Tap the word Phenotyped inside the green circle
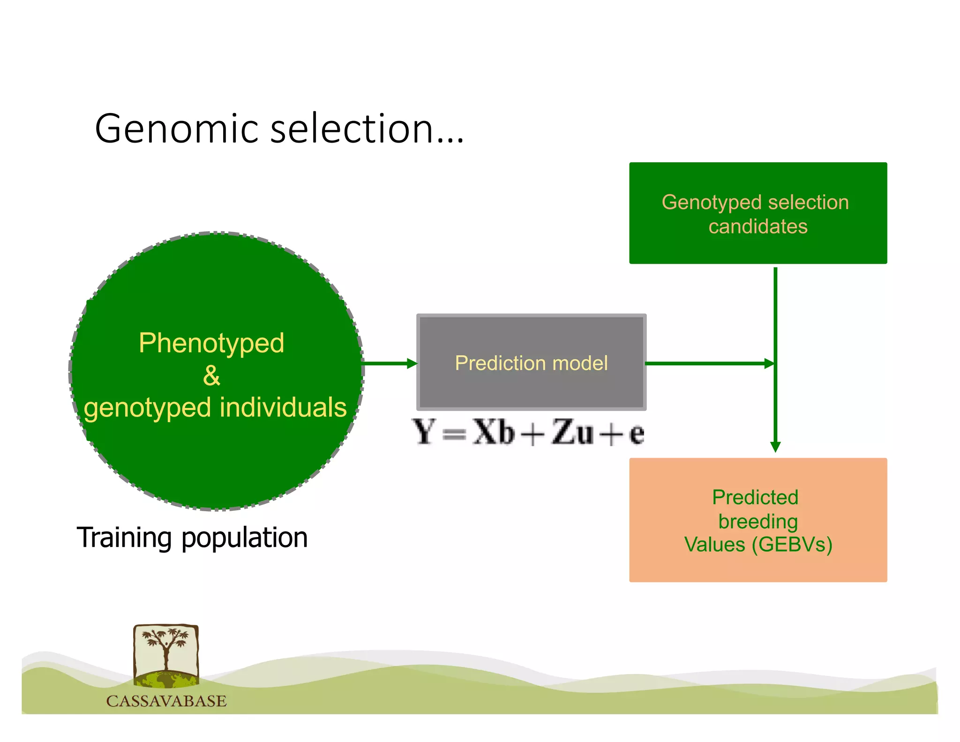click(x=211, y=343)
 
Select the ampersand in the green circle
click(x=211, y=375)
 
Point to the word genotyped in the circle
click(x=147, y=408)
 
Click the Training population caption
click(x=192, y=538)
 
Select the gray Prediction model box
click(x=531, y=363)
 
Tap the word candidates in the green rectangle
click(x=758, y=227)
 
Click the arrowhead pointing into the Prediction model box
click(x=412, y=363)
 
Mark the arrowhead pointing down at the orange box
click(x=775, y=447)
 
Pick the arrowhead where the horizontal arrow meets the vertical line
click(x=769, y=363)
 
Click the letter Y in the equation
click(x=424, y=432)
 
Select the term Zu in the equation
click(x=572, y=432)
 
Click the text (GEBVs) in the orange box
click(x=792, y=545)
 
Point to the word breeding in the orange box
click(x=758, y=522)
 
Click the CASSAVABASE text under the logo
click(x=166, y=701)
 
